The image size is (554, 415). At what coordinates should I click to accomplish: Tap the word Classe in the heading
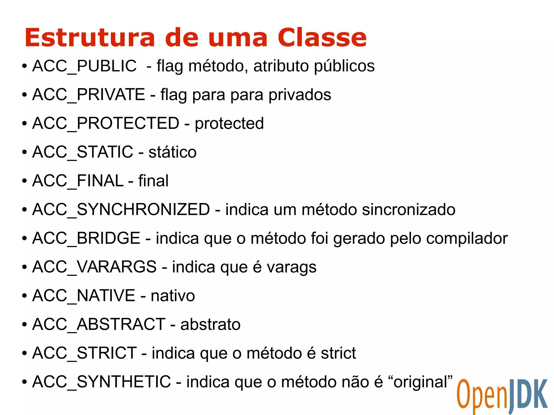[x=322, y=38]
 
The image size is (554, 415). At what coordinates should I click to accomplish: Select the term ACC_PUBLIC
[x=84, y=66]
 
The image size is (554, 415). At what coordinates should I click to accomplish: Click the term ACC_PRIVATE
[x=89, y=95]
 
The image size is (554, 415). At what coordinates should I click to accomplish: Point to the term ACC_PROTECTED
[x=106, y=123]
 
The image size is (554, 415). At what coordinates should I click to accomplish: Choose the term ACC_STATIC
[x=83, y=152]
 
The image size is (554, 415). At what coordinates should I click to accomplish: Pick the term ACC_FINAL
[x=78, y=181]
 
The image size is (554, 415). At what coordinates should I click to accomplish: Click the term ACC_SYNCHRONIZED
[x=121, y=209]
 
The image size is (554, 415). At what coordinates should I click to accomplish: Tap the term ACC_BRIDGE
[x=86, y=238]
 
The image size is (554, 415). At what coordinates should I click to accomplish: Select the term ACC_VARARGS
[x=94, y=267]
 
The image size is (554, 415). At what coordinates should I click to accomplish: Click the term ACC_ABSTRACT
[x=99, y=324]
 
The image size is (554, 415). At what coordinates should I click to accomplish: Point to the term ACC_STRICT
[x=84, y=353]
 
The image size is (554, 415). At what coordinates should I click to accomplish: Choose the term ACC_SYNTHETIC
[x=102, y=381]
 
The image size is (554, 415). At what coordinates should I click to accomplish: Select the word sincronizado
[x=409, y=210]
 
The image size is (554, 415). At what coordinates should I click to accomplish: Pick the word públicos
[x=344, y=67]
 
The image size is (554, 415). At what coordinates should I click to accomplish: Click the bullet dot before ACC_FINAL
[x=25, y=181]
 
